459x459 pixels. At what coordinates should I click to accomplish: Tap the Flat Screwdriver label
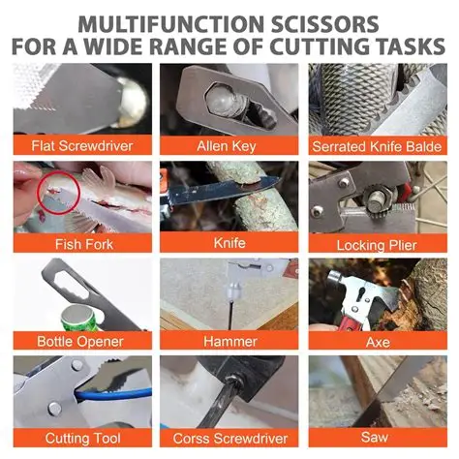click(x=81, y=146)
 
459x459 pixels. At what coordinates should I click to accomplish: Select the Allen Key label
click(x=229, y=146)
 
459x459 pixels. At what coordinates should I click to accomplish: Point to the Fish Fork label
click(x=81, y=243)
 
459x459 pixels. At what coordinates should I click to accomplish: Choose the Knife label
click(x=229, y=243)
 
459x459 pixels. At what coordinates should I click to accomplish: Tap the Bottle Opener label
click(x=81, y=341)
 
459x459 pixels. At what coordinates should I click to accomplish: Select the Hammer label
click(x=229, y=341)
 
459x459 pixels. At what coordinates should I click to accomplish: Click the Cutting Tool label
click(x=81, y=439)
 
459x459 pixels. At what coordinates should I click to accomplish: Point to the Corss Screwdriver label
click(x=229, y=439)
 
